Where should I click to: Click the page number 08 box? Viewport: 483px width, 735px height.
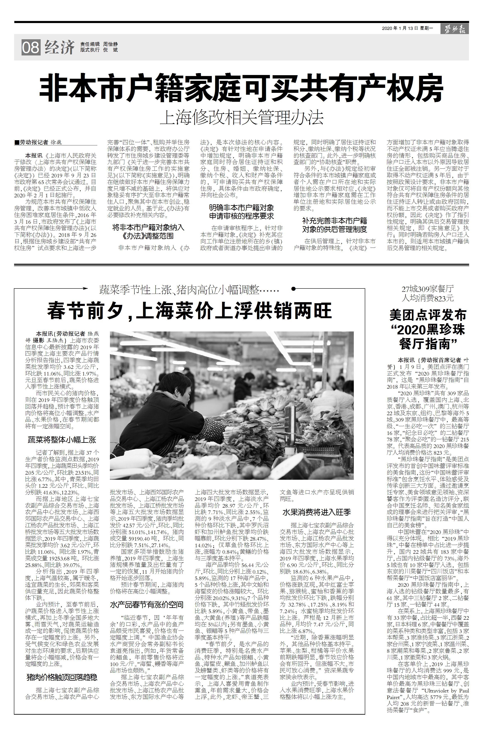point(30,48)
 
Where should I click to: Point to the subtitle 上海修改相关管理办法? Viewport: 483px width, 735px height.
point(241,117)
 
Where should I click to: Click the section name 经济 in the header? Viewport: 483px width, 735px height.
point(60,48)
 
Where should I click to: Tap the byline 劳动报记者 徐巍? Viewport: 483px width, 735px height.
point(40,142)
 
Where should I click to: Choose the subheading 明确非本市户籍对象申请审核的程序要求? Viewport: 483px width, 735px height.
point(241,212)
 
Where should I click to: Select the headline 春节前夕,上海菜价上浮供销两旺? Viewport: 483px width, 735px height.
point(189,311)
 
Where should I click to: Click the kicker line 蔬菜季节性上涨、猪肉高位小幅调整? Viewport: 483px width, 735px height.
point(189,290)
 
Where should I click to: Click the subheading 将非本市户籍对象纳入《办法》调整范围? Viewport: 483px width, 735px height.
point(148,232)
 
